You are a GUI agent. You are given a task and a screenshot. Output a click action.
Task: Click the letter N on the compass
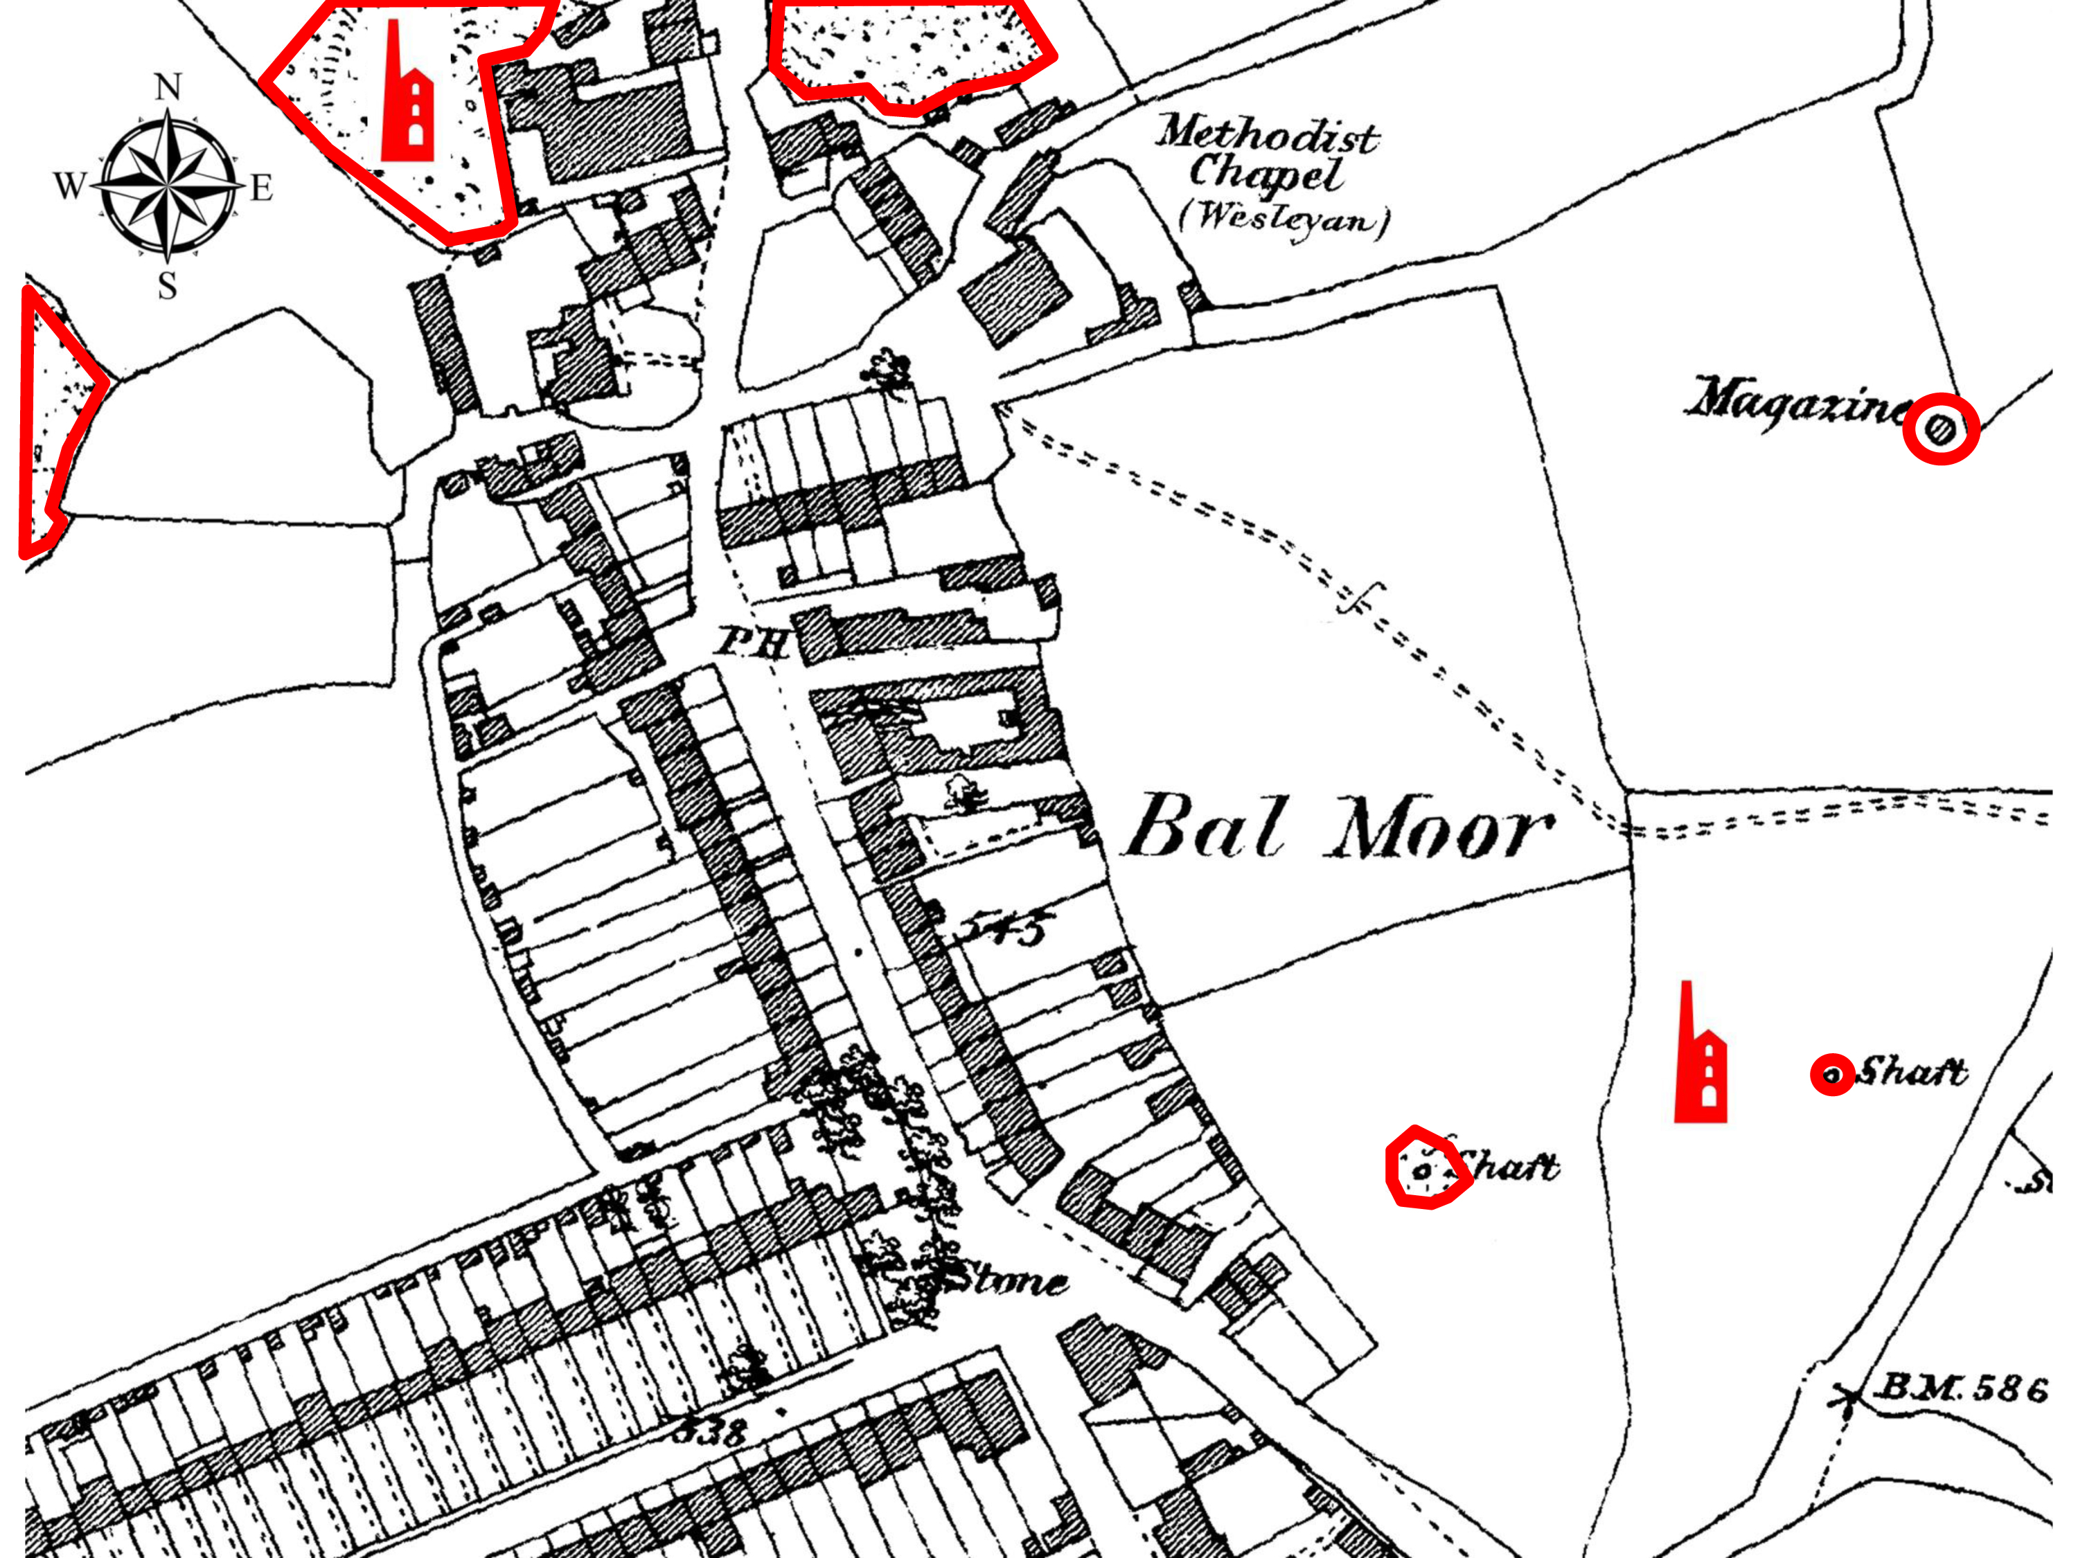pos(168,87)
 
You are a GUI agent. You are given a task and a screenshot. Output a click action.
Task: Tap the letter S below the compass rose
pos(167,285)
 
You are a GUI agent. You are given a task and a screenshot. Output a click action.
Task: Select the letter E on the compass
pos(261,188)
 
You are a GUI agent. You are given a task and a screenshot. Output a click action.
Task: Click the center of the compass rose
pos(168,184)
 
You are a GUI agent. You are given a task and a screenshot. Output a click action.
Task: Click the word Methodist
pos(1266,134)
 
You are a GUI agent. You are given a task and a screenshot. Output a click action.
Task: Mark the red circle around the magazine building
pos(1941,429)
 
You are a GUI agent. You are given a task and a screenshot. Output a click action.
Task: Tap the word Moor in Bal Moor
pos(1439,830)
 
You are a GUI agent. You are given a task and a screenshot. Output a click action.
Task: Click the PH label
pos(752,643)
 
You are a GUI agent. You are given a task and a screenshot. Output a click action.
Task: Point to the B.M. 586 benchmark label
pos(1960,1388)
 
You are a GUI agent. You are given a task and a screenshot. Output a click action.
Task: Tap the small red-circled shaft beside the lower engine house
pos(1832,1075)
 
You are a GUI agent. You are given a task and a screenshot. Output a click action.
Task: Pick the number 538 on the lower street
pos(709,1432)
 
